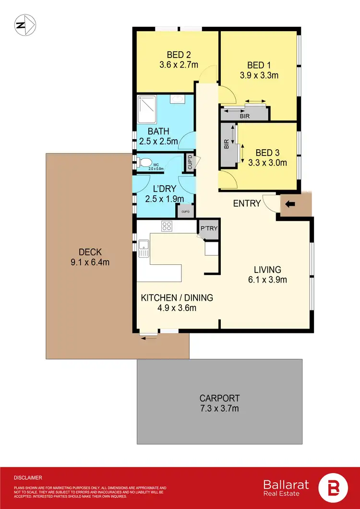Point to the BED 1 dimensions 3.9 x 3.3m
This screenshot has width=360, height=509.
tap(259, 75)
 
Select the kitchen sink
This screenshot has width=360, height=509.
tap(144, 248)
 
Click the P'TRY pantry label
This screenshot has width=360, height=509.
tap(209, 228)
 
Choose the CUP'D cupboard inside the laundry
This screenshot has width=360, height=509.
tap(185, 210)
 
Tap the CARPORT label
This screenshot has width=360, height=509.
tap(219, 398)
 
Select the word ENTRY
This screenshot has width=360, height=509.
tap(247, 203)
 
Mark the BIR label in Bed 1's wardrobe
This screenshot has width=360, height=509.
tap(244, 116)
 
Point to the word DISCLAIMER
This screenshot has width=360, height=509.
tap(28, 478)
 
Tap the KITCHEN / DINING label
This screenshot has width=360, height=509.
tap(177, 298)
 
